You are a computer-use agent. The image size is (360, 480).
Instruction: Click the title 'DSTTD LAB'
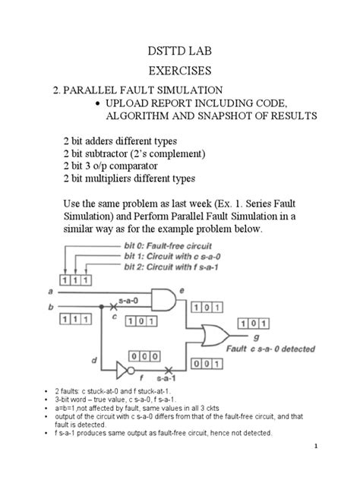180,52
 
